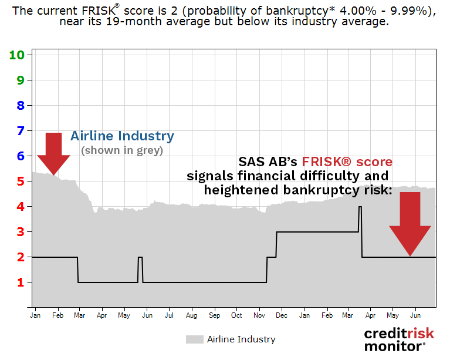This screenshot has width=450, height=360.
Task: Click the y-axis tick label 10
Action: (16, 55)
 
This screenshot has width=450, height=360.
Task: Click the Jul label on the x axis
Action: (169, 315)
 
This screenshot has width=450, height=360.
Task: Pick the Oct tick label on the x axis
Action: (236, 315)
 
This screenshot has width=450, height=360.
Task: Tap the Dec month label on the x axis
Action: (282, 315)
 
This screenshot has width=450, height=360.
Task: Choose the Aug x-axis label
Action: (191, 315)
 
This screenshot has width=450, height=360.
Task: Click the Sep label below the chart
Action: (214, 315)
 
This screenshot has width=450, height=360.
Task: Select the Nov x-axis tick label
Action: (259, 315)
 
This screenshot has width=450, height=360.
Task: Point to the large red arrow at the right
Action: (410, 223)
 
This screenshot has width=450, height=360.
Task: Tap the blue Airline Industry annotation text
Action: (122, 136)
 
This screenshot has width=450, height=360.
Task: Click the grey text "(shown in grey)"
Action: (122, 150)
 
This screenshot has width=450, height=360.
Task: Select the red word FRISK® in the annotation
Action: (347, 162)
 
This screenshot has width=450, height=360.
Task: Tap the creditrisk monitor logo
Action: (399, 339)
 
